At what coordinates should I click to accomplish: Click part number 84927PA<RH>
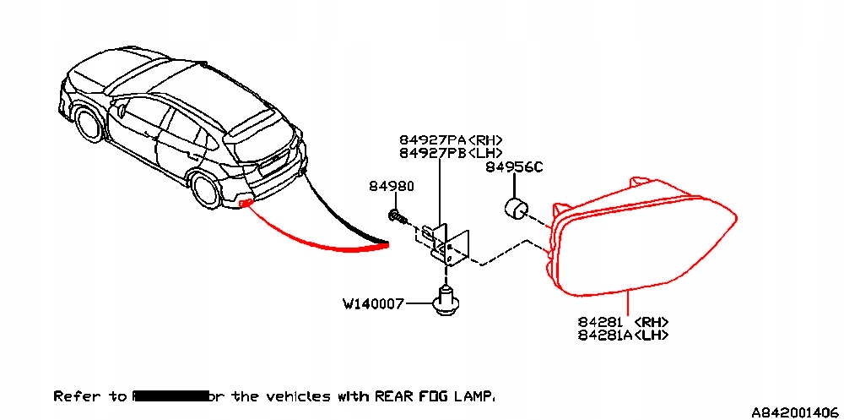(451, 139)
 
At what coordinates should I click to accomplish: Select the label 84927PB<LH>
(451, 153)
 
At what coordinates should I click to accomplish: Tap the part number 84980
(391, 186)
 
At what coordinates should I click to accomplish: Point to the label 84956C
(514, 167)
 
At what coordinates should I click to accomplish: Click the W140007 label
(373, 303)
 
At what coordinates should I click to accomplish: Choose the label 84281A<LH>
(624, 335)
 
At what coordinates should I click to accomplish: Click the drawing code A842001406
(796, 412)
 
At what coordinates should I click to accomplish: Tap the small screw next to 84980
(398, 216)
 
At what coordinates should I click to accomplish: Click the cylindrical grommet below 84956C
(515, 208)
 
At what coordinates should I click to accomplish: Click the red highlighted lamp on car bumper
(246, 203)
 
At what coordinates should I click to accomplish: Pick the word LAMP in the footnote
(474, 395)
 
